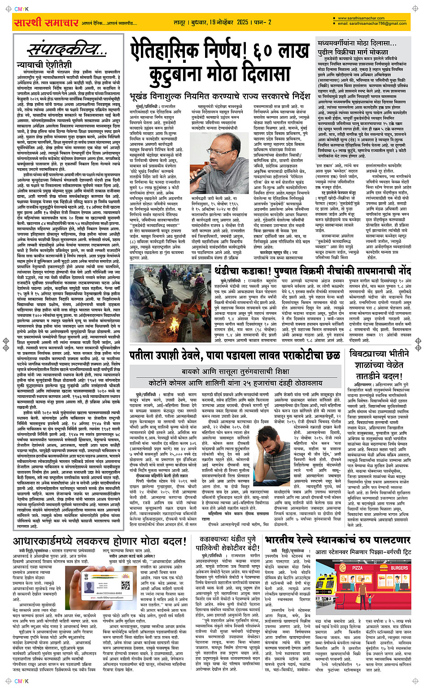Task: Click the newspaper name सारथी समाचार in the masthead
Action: (46, 22)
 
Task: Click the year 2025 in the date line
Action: (242, 22)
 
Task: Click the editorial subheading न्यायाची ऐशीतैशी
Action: (38, 65)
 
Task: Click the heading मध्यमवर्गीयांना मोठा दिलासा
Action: (357, 43)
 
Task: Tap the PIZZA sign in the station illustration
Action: (357, 568)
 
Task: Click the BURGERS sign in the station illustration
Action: (399, 568)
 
